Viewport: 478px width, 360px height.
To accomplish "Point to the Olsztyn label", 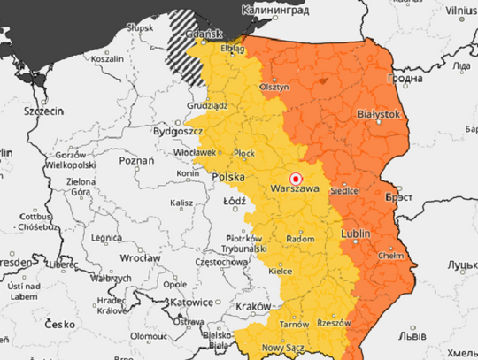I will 274,88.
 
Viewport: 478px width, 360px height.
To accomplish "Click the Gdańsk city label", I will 204,37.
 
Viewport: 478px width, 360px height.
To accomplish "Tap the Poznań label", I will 136,161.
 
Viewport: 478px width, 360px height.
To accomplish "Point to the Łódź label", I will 235,201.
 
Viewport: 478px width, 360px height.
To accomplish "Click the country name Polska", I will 229,177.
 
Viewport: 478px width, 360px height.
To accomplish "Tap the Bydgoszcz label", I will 177,131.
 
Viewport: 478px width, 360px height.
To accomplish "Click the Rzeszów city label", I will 333,323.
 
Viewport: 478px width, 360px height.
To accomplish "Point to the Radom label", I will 301,239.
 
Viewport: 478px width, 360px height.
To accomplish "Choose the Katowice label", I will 195,301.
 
